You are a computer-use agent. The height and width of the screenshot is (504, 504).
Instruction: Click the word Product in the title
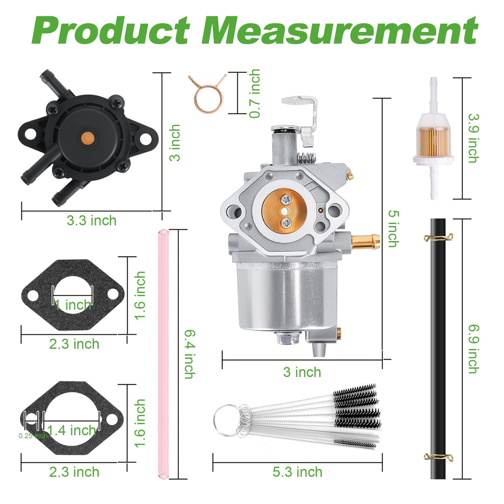pos(110,30)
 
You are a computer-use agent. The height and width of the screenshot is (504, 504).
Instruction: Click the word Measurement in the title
pos(340,30)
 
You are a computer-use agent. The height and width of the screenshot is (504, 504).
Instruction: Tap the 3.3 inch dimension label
pos(92,220)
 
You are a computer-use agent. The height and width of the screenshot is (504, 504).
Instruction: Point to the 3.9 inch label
pos(474,138)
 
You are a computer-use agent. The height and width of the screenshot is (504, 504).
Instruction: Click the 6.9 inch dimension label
pos(474,349)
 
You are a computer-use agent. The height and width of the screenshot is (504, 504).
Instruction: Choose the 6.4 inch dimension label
pos(190,354)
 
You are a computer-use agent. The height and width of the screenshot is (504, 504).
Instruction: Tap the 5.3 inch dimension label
pos(297,472)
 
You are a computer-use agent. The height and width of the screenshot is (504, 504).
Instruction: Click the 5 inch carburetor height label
pos(394,228)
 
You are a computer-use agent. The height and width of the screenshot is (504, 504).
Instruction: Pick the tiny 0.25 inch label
pos(33,436)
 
